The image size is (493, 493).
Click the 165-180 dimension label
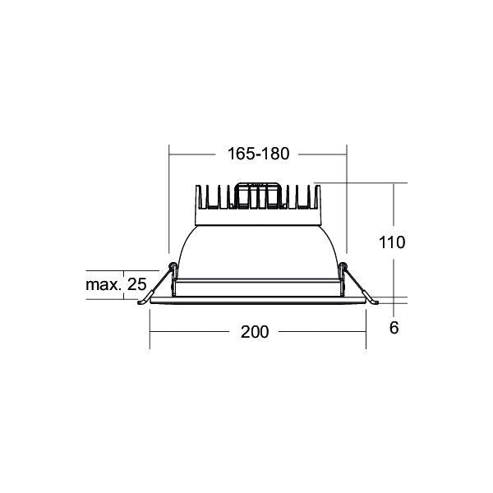[258, 154]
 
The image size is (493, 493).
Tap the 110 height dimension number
[392, 242]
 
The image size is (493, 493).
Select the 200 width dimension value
[255, 332]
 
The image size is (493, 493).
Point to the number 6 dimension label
[394, 328]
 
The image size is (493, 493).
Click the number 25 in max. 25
[136, 284]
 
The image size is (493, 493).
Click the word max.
[104, 285]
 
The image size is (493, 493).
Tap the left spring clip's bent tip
[141, 302]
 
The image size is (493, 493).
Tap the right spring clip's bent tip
[375, 302]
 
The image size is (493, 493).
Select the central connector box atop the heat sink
[258, 195]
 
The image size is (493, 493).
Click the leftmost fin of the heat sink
[198, 196]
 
